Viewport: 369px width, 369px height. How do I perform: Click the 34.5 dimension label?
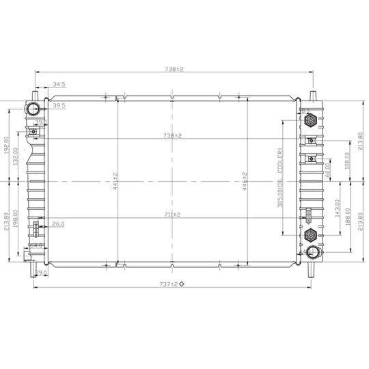point(59,84)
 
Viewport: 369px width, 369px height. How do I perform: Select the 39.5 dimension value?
point(59,105)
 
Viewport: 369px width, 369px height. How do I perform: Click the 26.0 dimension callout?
point(59,223)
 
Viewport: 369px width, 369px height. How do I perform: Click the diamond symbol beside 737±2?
point(182,283)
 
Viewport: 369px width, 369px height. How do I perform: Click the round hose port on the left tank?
point(33,109)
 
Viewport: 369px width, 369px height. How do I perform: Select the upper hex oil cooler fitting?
point(310,122)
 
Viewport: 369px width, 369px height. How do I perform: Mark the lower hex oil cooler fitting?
point(310,236)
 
